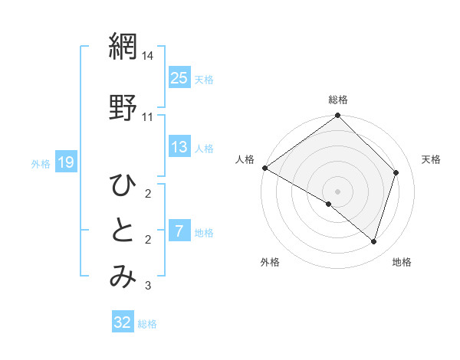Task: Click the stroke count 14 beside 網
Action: (148, 57)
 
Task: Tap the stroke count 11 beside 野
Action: (148, 116)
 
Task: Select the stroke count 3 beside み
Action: (148, 286)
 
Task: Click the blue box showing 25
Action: (179, 77)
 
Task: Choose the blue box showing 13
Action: (179, 147)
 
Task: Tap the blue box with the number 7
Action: (179, 231)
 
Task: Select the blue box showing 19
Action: (65, 162)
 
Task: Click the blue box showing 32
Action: (123, 322)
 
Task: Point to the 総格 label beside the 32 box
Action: (147, 324)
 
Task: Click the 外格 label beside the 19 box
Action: (41, 163)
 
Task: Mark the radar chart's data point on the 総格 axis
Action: (337, 116)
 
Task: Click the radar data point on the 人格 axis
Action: (264, 168)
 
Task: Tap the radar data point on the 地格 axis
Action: (374, 241)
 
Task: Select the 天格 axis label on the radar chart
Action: (431, 159)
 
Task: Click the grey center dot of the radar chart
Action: (337, 191)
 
